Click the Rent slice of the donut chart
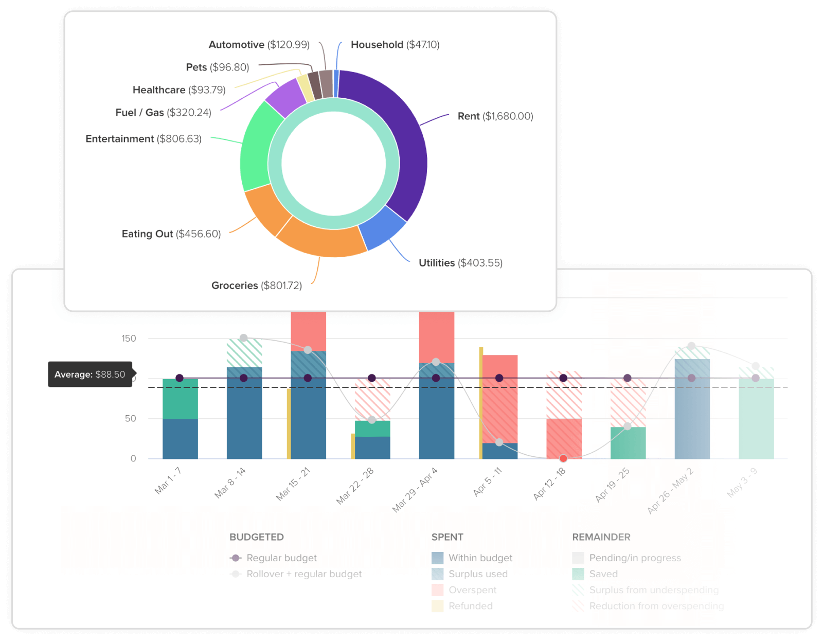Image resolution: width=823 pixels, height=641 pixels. pos(406,139)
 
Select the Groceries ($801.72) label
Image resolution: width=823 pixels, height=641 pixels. pos(256,286)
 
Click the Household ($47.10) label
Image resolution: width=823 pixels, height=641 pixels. pos(395,45)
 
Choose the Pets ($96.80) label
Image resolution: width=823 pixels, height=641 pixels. pos(217,67)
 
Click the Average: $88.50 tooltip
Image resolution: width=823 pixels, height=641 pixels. pos(90,375)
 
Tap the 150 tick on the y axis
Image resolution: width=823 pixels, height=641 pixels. pos(129,339)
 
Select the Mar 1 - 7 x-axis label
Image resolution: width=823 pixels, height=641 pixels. pos(168,480)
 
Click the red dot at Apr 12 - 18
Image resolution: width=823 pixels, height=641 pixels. pos(563,458)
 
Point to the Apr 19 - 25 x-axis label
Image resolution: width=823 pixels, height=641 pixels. pos(612,485)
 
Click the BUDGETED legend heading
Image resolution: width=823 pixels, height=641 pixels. pos(256,537)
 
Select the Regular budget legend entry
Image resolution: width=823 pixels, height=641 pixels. pos(281,558)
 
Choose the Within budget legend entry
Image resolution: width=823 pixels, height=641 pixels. pos(480,558)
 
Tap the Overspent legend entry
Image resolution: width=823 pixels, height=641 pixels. pos(472,590)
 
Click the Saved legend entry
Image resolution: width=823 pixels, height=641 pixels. pos(603,574)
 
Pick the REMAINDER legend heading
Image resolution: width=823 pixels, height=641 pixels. pos(601,537)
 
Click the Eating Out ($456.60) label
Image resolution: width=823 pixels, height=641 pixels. pos(171,234)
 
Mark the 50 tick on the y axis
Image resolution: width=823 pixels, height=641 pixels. pos(130,419)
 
